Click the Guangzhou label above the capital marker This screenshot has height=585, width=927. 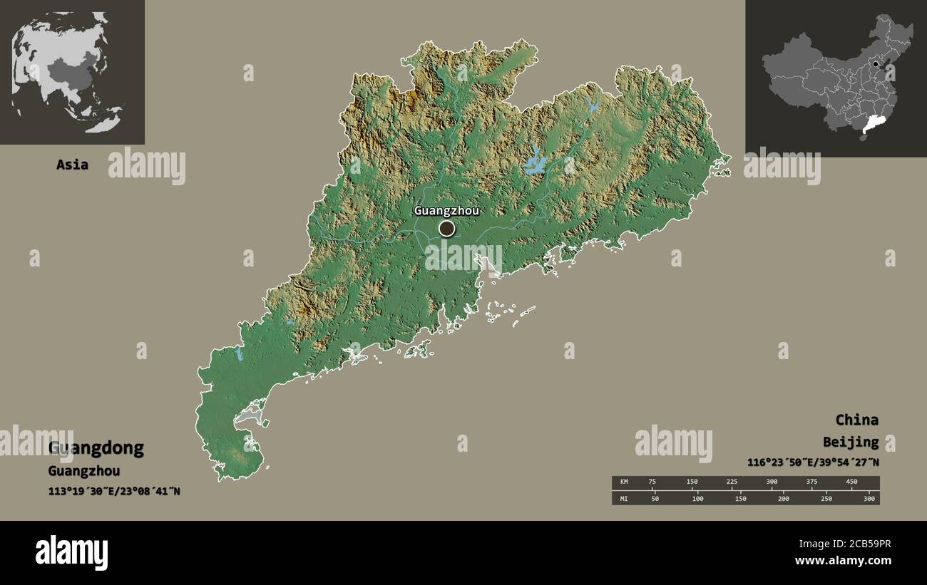tap(446, 211)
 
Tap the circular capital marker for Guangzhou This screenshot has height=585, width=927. tap(446, 229)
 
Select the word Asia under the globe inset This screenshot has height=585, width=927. tap(73, 165)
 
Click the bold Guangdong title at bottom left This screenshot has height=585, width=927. tap(96, 448)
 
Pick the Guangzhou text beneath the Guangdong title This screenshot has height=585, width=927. tap(84, 471)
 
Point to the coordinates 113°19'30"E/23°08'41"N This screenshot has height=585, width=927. tap(114, 491)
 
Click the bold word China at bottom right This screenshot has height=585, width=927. tap(856, 420)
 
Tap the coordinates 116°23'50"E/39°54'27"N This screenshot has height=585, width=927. tap(813, 462)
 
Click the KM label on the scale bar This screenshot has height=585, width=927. tap(624, 482)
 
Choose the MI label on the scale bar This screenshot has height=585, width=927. tap(624, 499)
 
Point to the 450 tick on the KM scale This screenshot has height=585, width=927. tap(851, 482)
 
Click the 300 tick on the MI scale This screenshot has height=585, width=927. tap(869, 499)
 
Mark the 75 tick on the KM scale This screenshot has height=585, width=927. tap(652, 482)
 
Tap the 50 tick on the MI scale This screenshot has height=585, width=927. tap(655, 499)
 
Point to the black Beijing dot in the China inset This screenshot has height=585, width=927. tap(876, 63)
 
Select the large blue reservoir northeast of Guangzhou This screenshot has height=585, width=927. tap(535, 163)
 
